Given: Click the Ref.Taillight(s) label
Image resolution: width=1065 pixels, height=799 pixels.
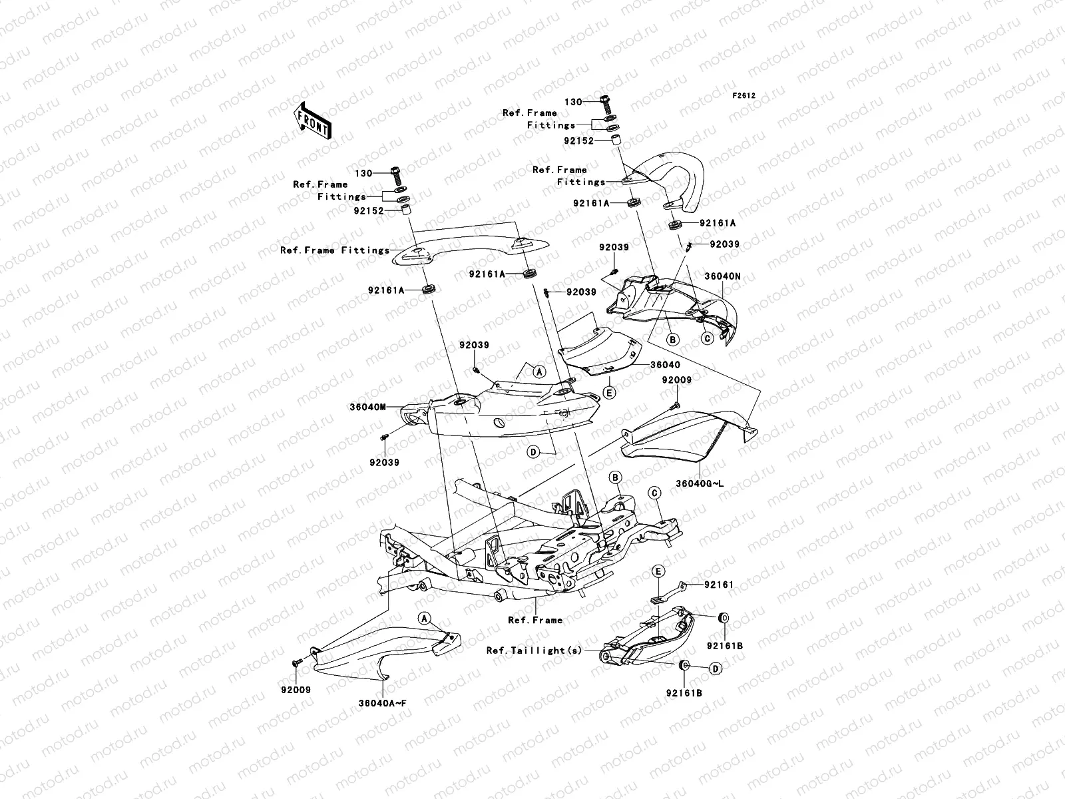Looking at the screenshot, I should [534, 651].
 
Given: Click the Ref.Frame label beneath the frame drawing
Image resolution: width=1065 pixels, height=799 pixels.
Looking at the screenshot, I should [534, 620].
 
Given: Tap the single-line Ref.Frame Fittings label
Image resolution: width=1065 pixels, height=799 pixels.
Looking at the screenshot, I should [334, 250].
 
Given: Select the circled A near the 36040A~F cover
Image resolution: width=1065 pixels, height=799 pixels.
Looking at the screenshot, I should [423, 619].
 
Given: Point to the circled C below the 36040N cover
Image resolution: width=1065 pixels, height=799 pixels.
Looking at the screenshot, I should [708, 338].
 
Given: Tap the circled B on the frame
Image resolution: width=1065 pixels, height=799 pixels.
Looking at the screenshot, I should [616, 477].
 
